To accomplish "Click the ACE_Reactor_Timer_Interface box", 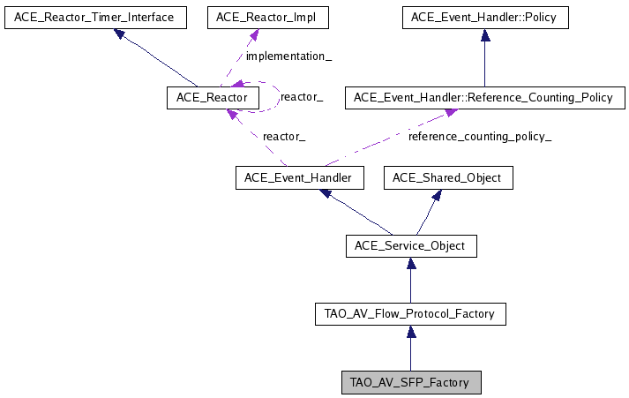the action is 95,18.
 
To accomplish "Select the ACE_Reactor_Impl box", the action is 268,18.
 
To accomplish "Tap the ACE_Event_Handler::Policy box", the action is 485,18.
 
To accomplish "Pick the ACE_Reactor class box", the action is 213,97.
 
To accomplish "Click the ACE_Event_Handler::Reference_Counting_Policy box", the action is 485,97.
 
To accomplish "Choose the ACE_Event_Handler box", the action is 300,177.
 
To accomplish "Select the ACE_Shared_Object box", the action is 448,177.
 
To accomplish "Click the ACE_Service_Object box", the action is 411,246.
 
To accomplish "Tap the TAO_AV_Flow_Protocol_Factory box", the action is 410,314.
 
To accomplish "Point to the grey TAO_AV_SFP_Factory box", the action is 411,382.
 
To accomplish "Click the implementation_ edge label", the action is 288,56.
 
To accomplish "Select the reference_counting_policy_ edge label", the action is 480,137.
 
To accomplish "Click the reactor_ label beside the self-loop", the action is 302,97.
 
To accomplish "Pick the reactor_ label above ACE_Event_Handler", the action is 284,137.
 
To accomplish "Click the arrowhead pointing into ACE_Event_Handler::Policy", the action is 485,35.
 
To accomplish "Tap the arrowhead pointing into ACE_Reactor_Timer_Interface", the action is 120,34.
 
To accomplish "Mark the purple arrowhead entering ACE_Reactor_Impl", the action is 253,35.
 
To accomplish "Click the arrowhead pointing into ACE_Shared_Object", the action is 437,195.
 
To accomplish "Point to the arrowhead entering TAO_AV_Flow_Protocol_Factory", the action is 411,332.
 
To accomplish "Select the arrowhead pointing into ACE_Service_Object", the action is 411,263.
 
